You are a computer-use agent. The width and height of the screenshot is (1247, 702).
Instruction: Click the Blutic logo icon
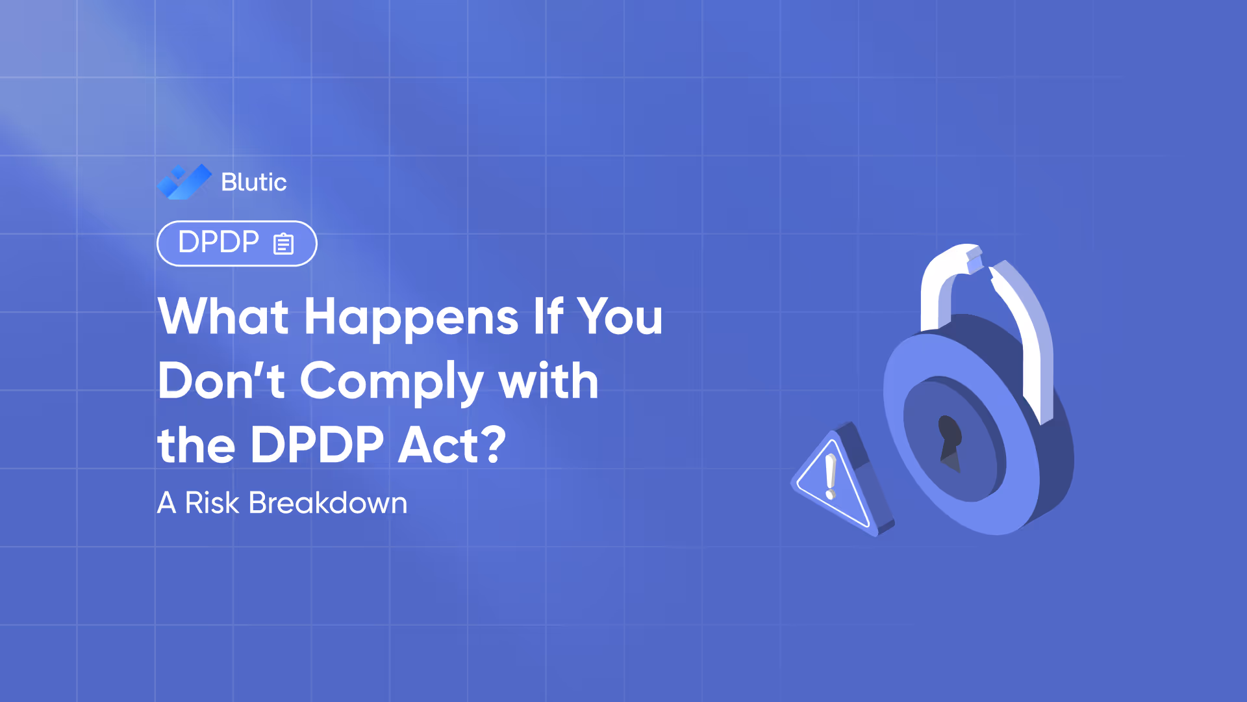click(x=184, y=182)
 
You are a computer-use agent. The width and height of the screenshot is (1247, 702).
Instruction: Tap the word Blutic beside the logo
click(x=253, y=182)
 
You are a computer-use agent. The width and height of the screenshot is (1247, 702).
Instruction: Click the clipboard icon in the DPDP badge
click(x=283, y=244)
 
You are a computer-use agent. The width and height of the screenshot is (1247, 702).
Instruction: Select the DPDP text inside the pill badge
click(x=218, y=242)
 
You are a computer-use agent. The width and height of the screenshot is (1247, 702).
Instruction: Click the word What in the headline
click(x=223, y=317)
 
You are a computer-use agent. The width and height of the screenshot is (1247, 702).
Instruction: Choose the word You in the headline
click(x=620, y=317)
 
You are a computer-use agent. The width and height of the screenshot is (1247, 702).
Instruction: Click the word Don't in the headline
click(x=221, y=381)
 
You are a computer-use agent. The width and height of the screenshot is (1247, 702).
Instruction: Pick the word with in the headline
click(x=548, y=381)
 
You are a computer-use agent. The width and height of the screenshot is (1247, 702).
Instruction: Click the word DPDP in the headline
click(x=317, y=445)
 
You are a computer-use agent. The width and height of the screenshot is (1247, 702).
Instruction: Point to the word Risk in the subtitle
click(x=212, y=503)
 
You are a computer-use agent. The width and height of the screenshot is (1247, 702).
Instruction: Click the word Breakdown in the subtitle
click(x=328, y=503)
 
